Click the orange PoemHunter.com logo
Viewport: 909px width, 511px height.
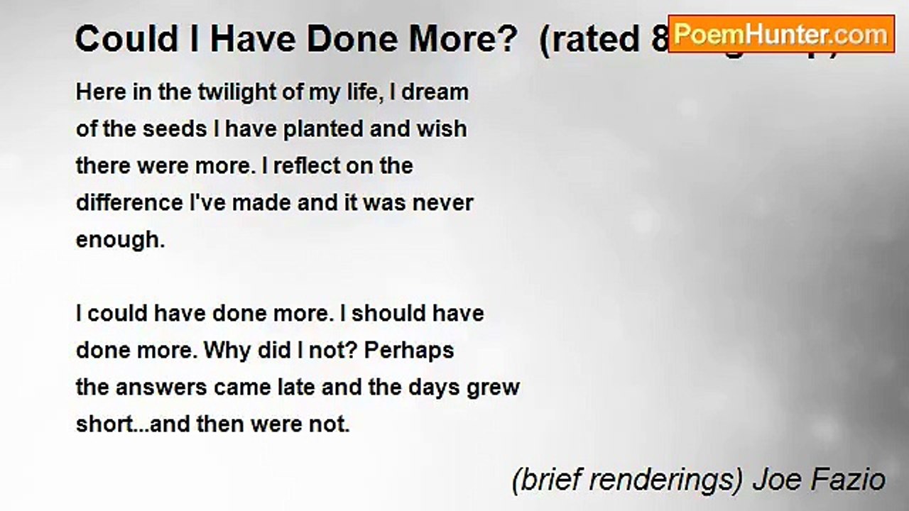(780, 34)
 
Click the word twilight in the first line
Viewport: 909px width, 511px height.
(201, 92)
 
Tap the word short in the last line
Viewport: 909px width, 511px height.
(104, 424)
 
